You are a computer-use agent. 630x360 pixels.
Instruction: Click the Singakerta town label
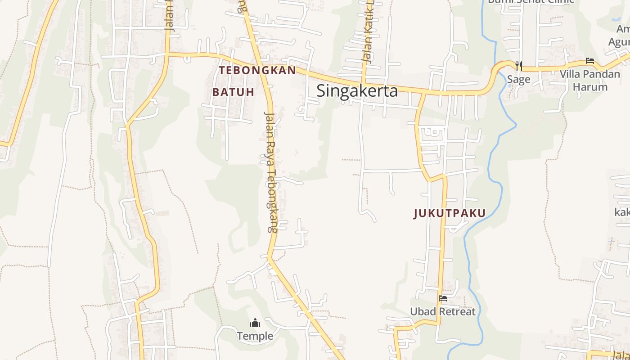coord(357,91)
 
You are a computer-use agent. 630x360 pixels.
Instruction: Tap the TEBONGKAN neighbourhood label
coord(257,71)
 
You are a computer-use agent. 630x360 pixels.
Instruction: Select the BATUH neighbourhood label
coord(233,92)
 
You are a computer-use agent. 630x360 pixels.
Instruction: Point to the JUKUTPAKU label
coord(450,213)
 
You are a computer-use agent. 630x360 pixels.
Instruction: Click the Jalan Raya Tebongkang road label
coord(270,172)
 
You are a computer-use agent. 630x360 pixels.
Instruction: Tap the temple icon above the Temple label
coord(255,323)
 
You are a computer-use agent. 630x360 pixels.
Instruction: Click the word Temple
coord(255,336)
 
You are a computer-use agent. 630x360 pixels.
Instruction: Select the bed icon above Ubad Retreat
coord(443,298)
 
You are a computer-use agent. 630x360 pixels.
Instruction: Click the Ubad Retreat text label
coord(442,311)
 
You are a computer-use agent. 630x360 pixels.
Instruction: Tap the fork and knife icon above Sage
coord(518,66)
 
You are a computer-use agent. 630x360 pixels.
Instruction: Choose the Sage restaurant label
coord(518,80)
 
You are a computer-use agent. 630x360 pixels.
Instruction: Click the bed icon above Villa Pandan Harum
coord(590,61)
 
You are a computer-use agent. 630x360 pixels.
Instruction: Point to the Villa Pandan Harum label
coord(590,80)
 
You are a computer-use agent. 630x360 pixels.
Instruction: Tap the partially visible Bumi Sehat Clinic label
coord(531,1)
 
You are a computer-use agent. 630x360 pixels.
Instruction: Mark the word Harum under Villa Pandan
coord(590,87)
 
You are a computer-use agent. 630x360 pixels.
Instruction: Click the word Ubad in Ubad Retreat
coord(423,311)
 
